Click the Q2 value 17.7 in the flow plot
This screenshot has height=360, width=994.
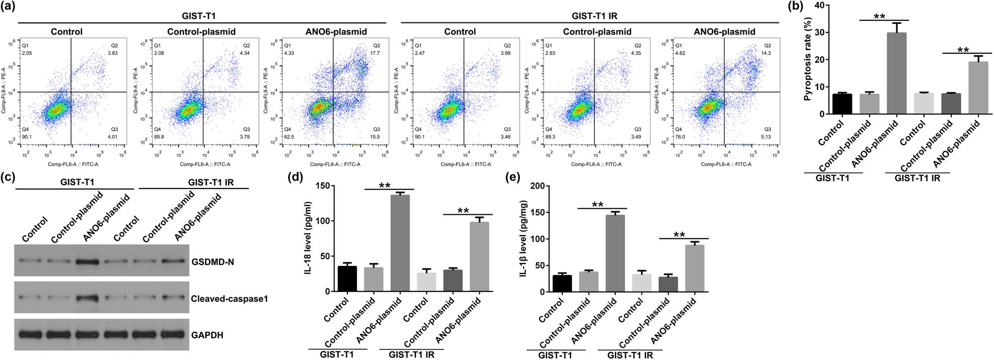[x=375, y=53]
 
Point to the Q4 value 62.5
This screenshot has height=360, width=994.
[x=289, y=137]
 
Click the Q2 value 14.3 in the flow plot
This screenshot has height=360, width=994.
[x=766, y=53]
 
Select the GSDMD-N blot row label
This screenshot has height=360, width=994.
[x=212, y=262]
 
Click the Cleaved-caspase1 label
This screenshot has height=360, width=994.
[x=229, y=299]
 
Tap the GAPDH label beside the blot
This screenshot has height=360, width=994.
[x=207, y=335]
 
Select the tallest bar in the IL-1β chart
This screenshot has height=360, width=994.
[x=615, y=253]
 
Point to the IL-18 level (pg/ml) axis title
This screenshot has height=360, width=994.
[x=308, y=238]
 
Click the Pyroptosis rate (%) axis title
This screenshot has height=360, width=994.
[x=808, y=59]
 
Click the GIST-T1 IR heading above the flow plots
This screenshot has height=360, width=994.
[x=594, y=16]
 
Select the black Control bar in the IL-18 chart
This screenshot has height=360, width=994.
[x=347, y=279]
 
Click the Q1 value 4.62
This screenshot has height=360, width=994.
[x=680, y=53]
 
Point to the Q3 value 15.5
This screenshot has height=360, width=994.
[x=375, y=137]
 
